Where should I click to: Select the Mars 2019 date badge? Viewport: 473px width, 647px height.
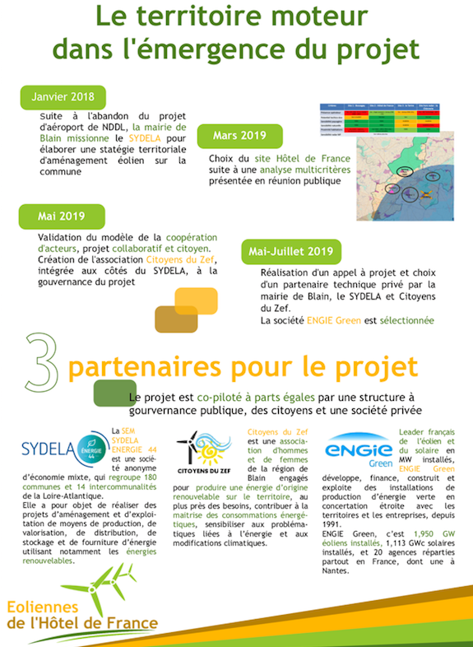(x=240, y=135)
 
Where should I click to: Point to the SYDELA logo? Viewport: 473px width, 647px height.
(x=65, y=451)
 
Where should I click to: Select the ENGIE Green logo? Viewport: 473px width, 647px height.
(x=359, y=451)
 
